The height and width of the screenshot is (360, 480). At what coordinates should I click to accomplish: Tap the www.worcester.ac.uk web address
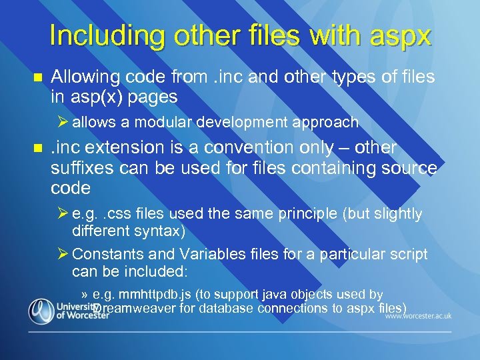[418, 315]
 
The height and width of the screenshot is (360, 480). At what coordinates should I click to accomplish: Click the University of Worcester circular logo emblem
[41, 311]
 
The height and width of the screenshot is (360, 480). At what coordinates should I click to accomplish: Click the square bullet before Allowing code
[37, 78]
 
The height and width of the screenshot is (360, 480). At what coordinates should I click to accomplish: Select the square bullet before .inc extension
[37, 148]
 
